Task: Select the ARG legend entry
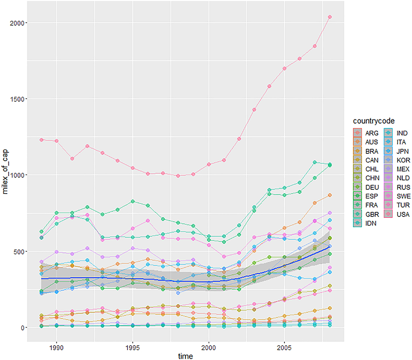363,133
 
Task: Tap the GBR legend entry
363,214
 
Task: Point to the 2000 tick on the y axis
15,23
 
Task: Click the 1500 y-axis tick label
15,99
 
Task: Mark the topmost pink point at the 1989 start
42,140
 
